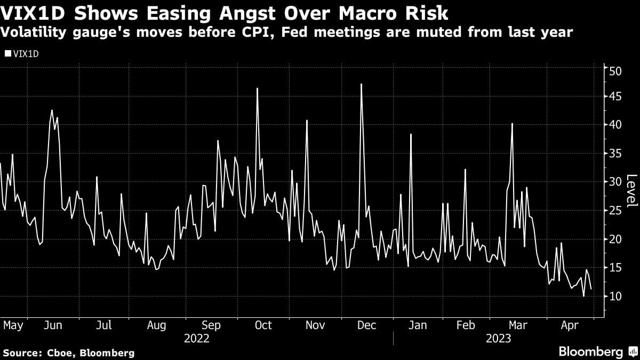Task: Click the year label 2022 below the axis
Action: point(196,339)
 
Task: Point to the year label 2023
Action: point(498,339)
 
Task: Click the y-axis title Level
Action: point(631,190)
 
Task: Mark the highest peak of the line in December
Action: point(362,84)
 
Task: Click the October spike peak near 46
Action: point(257,88)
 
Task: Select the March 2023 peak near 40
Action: point(512,124)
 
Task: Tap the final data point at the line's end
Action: point(590,289)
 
